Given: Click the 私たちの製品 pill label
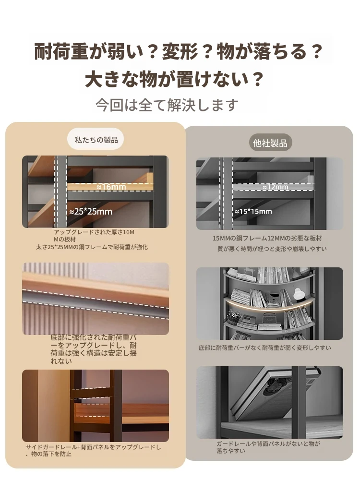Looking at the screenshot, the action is pos(96,140).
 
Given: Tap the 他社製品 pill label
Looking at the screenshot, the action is pos(270,143).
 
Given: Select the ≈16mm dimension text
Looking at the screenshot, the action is pos(111,187).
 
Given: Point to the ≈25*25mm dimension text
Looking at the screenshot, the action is pos(91,211).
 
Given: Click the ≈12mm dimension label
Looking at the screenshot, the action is pos(275,187).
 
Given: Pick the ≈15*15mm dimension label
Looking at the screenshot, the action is pos(253,211).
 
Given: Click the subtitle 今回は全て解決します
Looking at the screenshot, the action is pos(167,105).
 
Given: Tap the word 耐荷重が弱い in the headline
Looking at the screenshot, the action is pos(88,51).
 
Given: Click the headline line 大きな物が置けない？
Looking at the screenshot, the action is pos(174,79).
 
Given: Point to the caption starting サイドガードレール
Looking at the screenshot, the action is pos(93,450).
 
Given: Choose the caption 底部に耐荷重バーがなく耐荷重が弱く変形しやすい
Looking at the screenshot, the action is pos(265,348).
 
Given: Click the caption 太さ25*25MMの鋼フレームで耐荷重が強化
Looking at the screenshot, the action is pos(92,247).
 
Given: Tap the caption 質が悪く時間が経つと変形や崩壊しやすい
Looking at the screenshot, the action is pos(272,249).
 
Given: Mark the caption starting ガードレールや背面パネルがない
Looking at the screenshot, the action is pos(268,447).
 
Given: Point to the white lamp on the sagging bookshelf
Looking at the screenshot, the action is pos(299,294).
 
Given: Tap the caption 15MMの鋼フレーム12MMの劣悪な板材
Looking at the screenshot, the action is pos(267,238).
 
